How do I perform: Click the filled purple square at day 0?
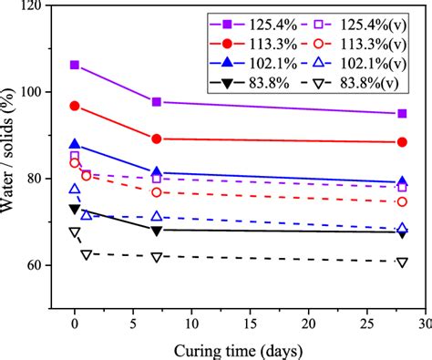(x=75, y=65)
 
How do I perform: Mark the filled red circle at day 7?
(x=157, y=139)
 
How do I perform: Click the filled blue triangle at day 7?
(x=157, y=172)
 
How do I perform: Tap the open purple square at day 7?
(x=157, y=179)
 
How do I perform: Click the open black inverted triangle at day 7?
(x=157, y=257)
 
